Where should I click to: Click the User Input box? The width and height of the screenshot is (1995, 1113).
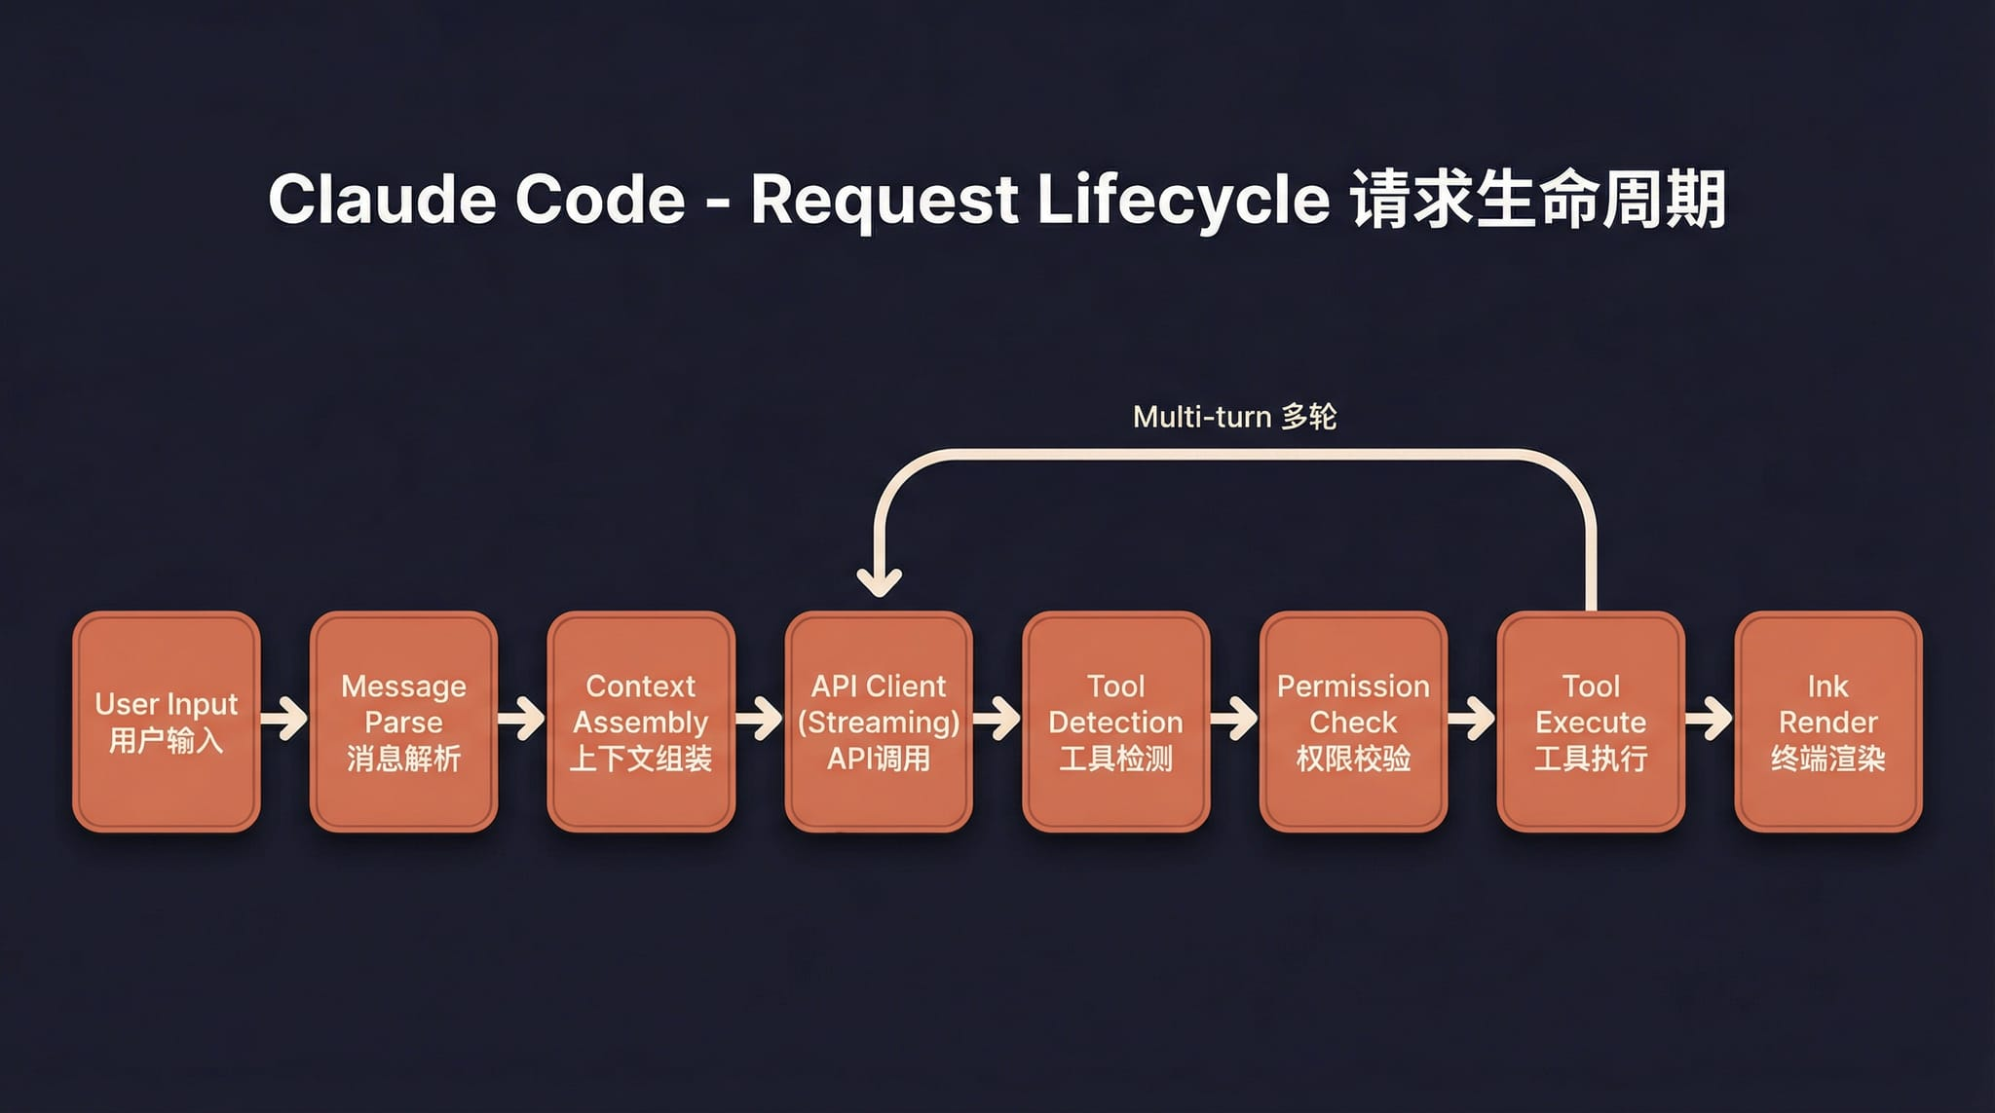coord(167,722)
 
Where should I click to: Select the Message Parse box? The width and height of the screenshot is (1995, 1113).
coord(403,722)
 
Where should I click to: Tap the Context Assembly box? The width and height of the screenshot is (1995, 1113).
coord(641,722)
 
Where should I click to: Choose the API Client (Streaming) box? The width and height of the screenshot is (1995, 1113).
coord(879,722)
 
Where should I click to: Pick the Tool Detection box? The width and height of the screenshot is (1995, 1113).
coord(1116,722)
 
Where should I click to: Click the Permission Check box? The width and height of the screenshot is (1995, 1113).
coord(1353,722)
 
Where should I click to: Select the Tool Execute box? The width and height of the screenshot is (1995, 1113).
coord(1591,722)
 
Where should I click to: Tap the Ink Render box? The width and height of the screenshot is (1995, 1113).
coord(1828,722)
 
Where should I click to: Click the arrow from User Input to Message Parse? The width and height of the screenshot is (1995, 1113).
coord(284,720)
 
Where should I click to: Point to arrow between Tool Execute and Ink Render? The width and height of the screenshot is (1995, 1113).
coord(1710,720)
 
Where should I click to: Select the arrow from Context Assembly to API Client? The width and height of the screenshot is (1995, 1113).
coord(760,720)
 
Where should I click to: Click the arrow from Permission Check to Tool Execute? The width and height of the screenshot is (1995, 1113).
coord(1472,720)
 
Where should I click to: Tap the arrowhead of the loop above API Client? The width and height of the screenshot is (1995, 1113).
coord(879,582)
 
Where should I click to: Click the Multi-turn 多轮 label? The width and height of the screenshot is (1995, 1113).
coord(1234,417)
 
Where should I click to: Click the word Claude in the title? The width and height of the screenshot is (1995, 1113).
coord(380,200)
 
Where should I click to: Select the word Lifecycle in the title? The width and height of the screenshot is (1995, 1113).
coord(1184,200)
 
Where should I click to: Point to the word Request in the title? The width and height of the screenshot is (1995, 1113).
coord(884,200)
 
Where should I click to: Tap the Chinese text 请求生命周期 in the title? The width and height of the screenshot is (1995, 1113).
coord(1538,200)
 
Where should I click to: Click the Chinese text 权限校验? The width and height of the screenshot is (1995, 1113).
coord(1353,759)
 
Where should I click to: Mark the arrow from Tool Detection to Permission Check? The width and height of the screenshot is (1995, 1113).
coord(1234,720)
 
